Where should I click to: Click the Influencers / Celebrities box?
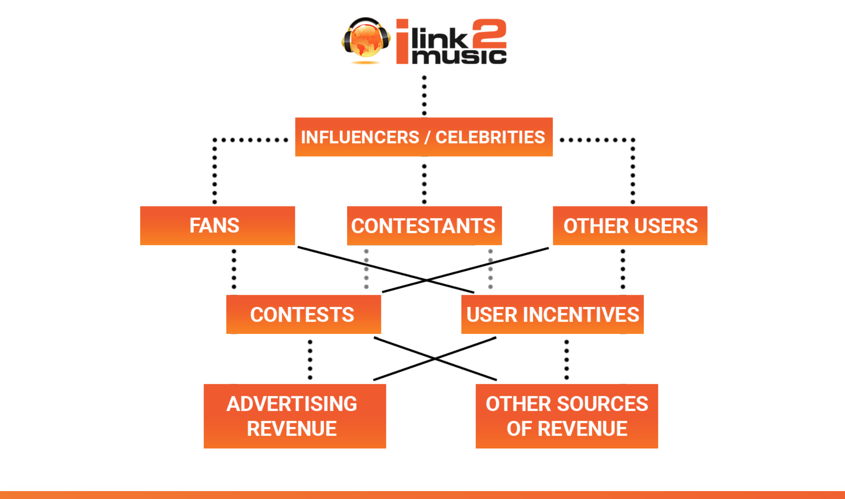pos(424,137)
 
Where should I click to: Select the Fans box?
pos(218,225)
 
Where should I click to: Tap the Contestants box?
pos(424,225)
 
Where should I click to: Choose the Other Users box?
pos(630,225)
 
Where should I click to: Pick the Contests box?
pos(304,314)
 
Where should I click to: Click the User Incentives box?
pos(552,314)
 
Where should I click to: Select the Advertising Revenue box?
pos(295,416)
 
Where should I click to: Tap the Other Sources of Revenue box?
pos(567,416)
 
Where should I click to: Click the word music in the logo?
pos(459,56)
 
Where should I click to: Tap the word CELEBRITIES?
pos(490,137)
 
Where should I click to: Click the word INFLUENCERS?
pos(360,137)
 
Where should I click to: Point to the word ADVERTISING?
pos(292,404)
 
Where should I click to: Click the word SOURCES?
pos(607,404)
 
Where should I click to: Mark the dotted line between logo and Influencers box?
pos(424,95)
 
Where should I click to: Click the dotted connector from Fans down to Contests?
pos(234,269)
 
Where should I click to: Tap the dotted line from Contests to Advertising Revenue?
pos(310,359)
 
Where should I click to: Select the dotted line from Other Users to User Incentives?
pos(623,269)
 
